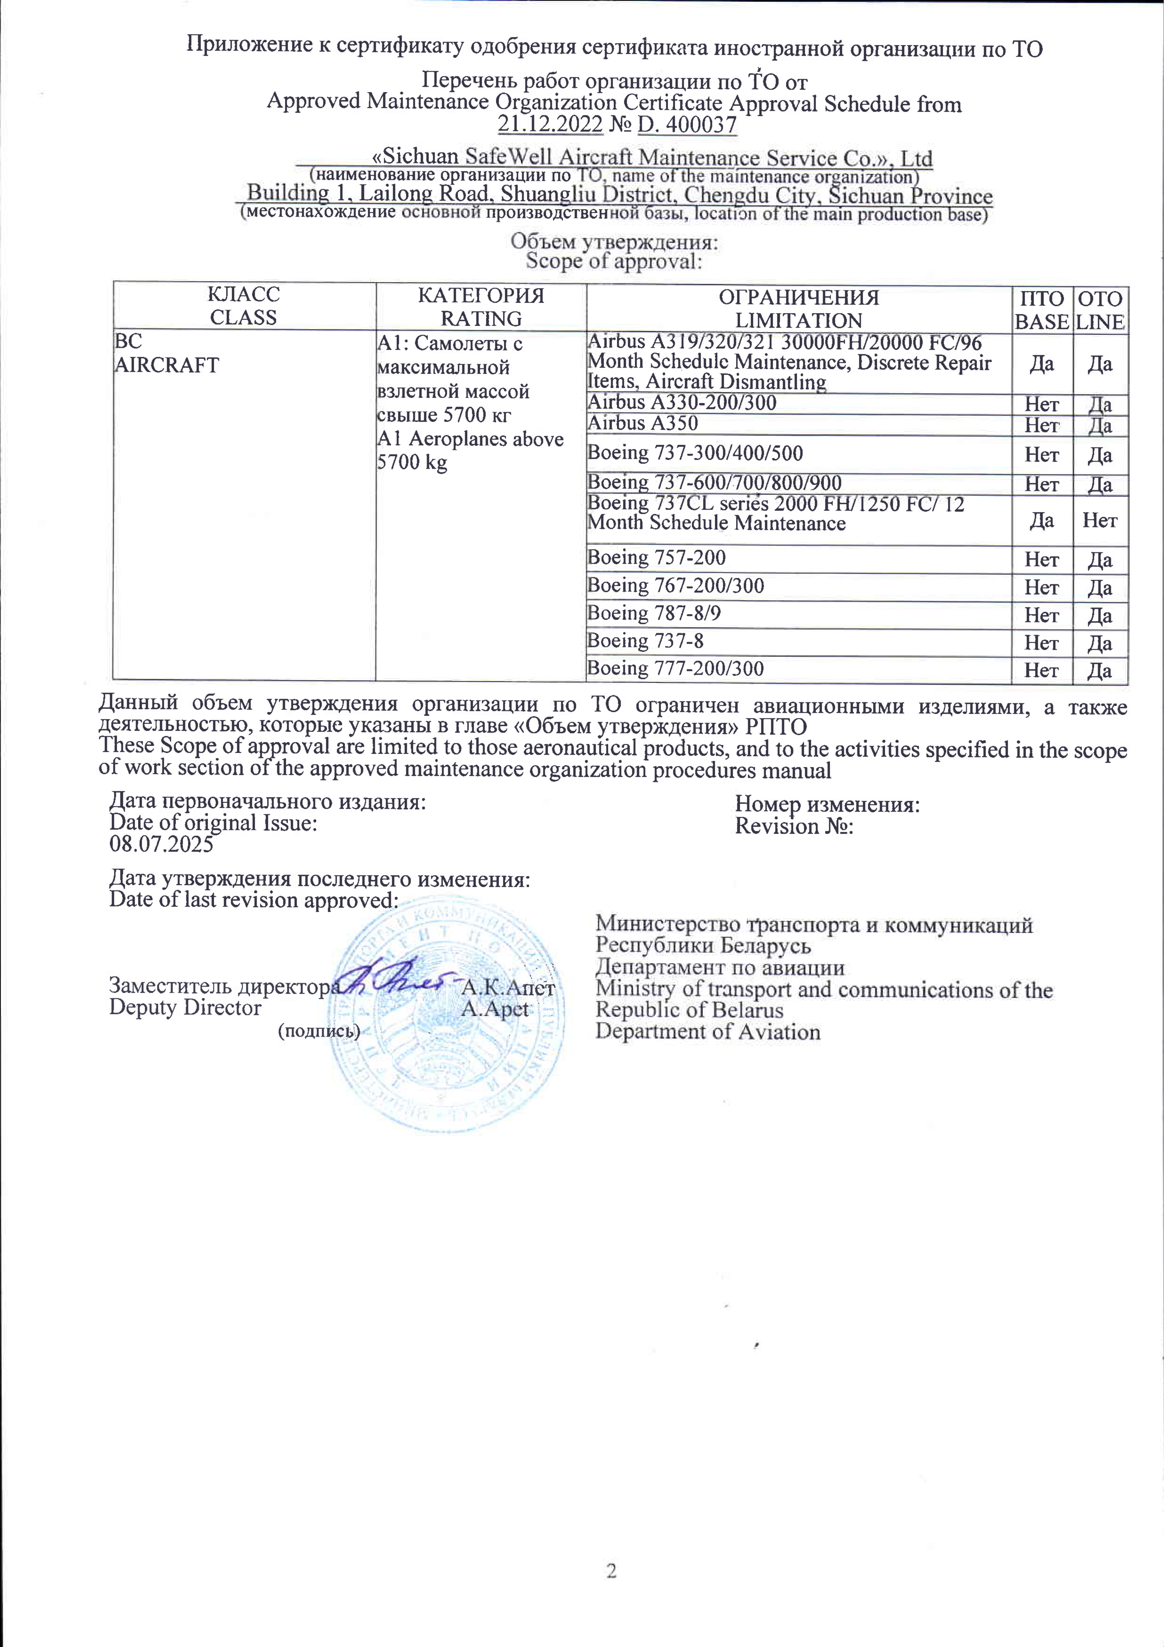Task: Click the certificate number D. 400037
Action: [x=687, y=125]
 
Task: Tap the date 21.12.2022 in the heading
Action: [x=550, y=125]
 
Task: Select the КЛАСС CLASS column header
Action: [x=243, y=306]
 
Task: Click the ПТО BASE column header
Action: [x=1041, y=310]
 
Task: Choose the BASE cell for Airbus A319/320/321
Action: [x=1041, y=364]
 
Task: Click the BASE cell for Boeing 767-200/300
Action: [x=1041, y=588]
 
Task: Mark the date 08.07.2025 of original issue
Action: [x=161, y=844]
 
